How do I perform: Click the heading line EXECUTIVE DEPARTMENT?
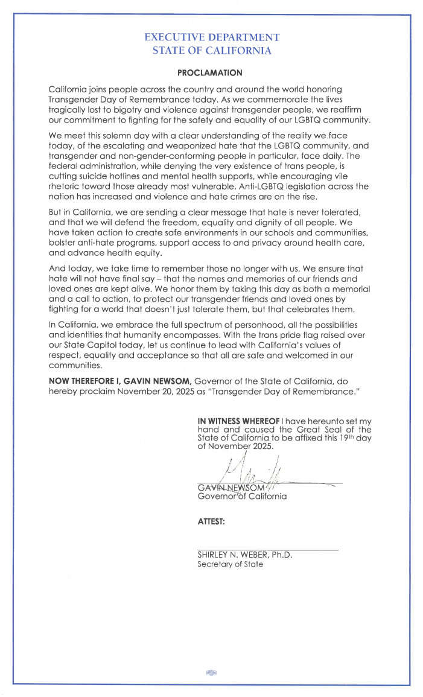point(212,37)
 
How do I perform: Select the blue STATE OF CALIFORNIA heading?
point(212,51)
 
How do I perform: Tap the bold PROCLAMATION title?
point(210,72)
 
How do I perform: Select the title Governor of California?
point(234,496)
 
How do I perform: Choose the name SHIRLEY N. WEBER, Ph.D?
point(244,555)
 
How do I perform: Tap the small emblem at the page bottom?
point(211,673)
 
